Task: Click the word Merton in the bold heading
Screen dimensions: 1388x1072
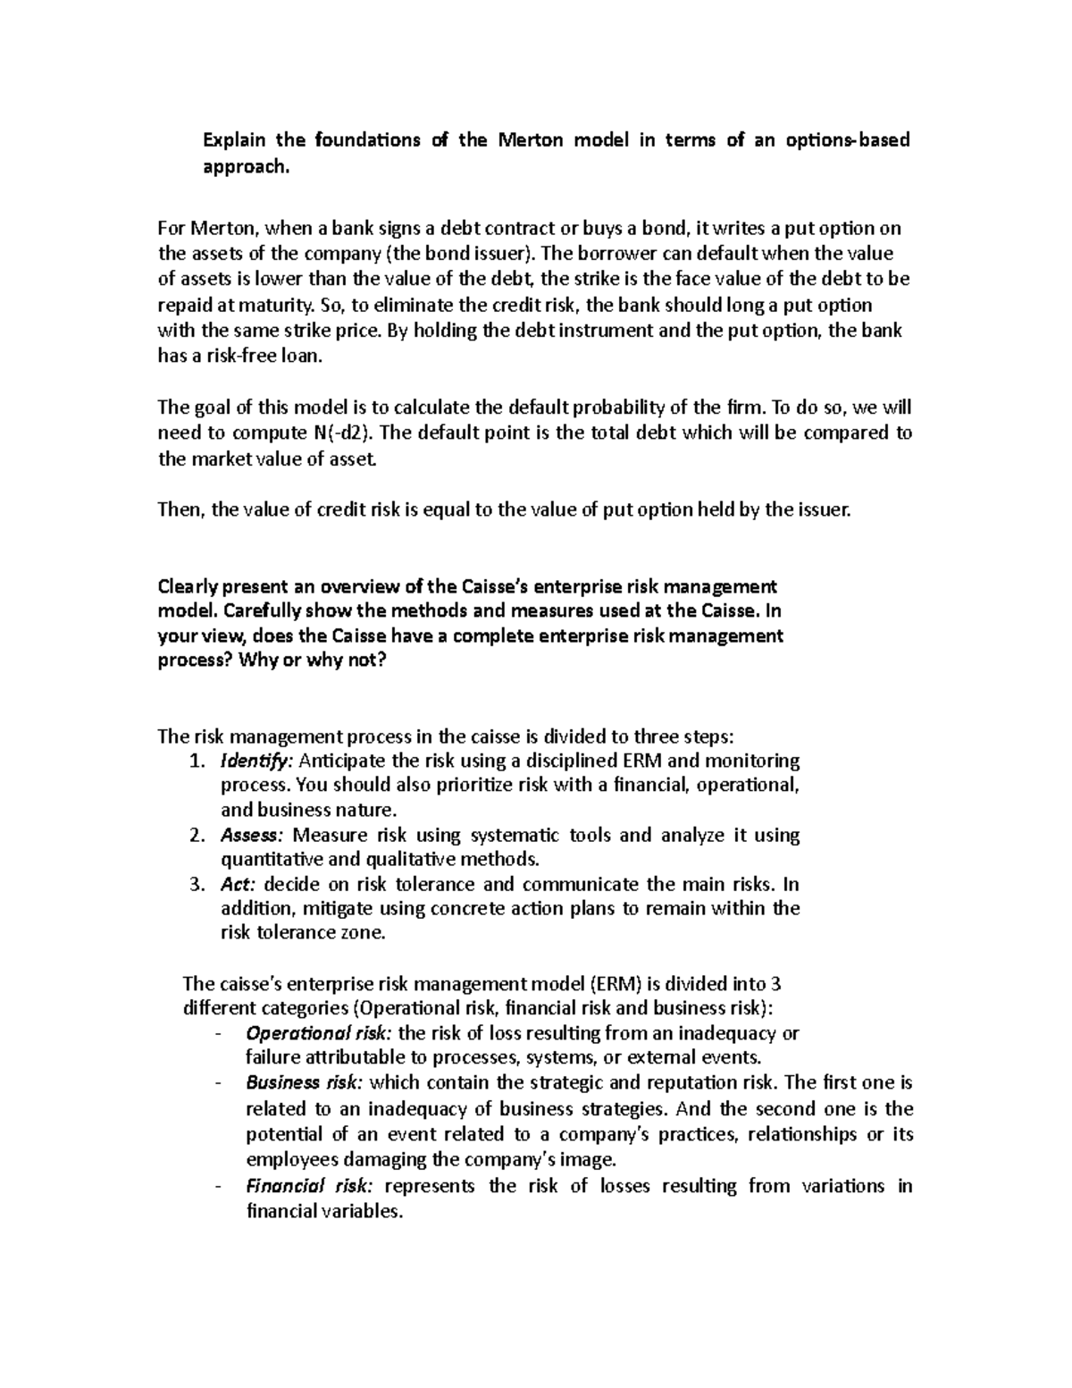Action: pos(531,140)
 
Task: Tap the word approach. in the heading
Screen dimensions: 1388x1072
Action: pos(247,167)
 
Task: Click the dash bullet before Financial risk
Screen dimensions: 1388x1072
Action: pos(218,1187)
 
